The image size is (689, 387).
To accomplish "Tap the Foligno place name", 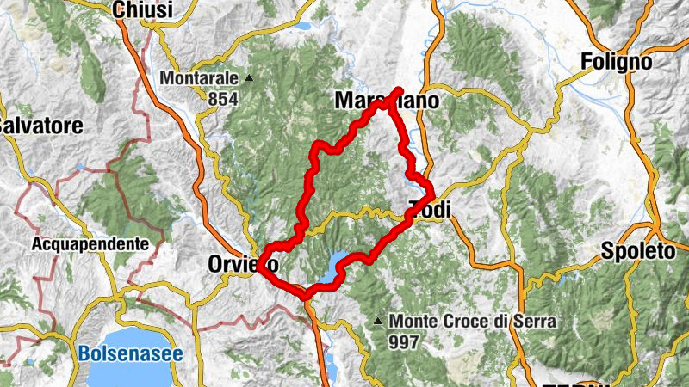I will click(617, 62).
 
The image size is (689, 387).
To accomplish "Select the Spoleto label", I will click(637, 253).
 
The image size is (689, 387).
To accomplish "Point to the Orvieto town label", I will click(242, 265).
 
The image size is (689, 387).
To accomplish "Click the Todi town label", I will click(431, 210).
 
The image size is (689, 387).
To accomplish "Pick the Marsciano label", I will click(386, 101).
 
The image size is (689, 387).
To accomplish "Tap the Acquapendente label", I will click(90, 244).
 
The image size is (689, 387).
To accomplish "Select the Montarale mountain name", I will click(199, 78).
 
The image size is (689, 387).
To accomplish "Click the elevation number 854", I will click(222, 99).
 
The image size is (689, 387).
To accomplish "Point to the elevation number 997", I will click(404, 342).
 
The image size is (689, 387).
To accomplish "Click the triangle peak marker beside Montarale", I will click(250, 78).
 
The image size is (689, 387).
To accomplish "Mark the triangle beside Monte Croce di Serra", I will click(378, 322).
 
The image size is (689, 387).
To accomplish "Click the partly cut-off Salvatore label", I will click(41, 126).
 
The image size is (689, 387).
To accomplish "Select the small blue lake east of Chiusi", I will click(303, 26).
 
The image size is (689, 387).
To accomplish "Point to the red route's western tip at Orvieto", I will click(259, 269).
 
